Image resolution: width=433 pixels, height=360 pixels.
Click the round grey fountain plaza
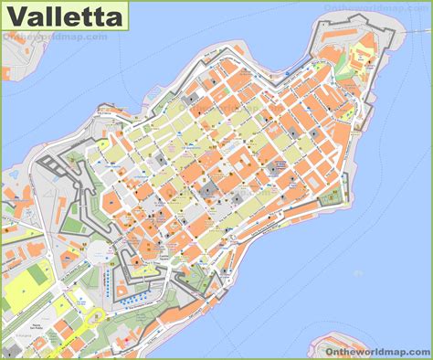click(95, 250)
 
